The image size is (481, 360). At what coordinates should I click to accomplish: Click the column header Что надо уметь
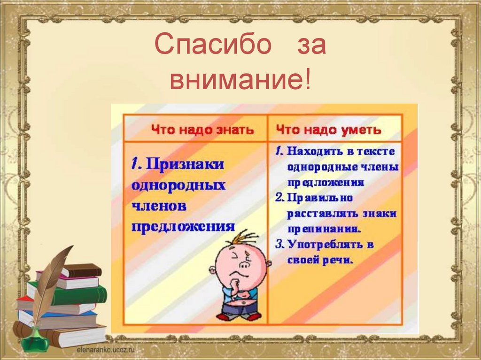pyautogui.click(x=328, y=130)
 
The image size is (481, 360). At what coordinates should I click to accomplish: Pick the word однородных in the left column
pyautogui.click(x=178, y=185)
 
